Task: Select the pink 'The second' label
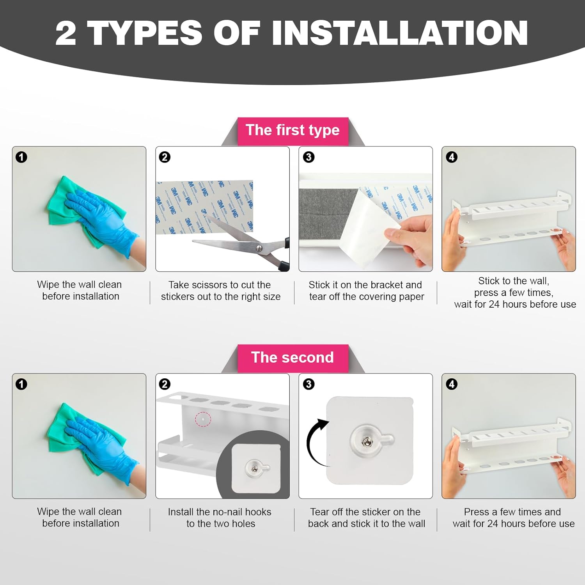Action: [292, 358]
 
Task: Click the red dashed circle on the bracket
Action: [203, 419]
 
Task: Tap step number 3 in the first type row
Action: [308, 157]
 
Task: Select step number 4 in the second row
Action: [452, 384]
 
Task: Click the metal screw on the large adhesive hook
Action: [366, 441]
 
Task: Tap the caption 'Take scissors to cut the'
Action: [220, 285]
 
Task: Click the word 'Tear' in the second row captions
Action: [320, 512]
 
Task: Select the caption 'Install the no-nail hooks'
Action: [220, 512]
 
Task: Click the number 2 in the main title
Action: [66, 33]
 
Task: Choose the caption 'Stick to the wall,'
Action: [514, 281]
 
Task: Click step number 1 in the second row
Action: [21, 384]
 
